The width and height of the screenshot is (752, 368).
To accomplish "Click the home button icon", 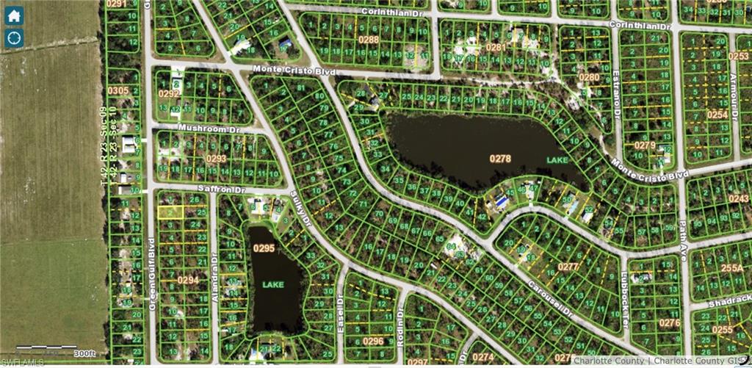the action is pos(15,15).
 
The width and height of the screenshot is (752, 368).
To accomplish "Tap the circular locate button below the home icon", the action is pos(15,38).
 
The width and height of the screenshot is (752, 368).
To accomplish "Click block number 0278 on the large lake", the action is pos(500,158).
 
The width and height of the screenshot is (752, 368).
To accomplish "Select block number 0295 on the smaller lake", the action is pos(264,248).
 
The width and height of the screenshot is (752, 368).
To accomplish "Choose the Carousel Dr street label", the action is pos(553,299).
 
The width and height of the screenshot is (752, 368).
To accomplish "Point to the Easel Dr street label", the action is pos(340,307).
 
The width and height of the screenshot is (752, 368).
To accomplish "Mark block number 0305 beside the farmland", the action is pos(117,90).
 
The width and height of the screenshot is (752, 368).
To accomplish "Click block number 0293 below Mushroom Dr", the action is pos(216,158).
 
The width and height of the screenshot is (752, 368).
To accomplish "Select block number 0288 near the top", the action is pos(369,40).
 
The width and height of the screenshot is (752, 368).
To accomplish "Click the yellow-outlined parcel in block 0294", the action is pos(170,212).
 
